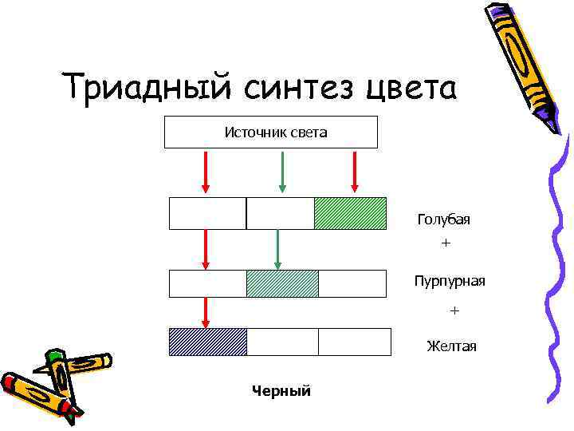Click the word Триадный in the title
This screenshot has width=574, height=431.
pyautogui.click(x=138, y=87)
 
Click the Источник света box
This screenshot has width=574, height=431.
pyautogui.click(x=271, y=132)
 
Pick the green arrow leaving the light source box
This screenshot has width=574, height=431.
pyautogui.click(x=281, y=172)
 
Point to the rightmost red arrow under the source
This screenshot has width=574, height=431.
pyautogui.click(x=355, y=172)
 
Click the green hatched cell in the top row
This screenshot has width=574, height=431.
pyautogui.click(x=350, y=213)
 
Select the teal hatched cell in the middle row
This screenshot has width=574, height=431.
pyautogui.click(x=282, y=283)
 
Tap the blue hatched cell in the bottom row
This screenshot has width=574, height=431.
pyautogui.click(x=208, y=342)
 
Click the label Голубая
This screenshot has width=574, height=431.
pyautogui.click(x=443, y=219)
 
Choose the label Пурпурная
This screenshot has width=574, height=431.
pyautogui.click(x=449, y=281)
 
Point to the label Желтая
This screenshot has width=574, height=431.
pyautogui.click(x=451, y=346)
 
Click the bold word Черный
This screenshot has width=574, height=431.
pyautogui.click(x=281, y=390)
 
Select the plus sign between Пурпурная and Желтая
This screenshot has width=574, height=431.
pyautogui.click(x=454, y=309)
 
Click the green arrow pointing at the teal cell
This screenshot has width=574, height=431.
pyautogui.click(x=277, y=249)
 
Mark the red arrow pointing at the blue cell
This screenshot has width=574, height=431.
pyautogui.click(x=206, y=312)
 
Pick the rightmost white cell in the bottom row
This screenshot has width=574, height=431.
pyautogui.click(x=354, y=342)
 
